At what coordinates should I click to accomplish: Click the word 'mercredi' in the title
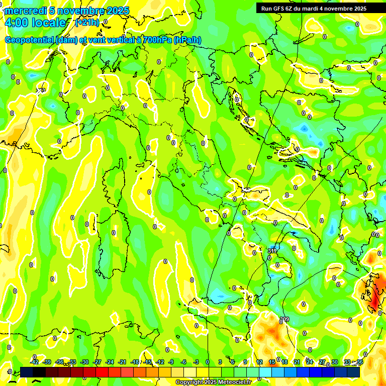click(25, 11)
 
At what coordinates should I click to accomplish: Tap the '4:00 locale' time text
click(35, 23)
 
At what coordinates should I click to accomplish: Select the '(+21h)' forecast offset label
click(87, 23)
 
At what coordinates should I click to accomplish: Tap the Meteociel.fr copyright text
click(214, 382)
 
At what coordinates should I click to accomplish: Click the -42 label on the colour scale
click(34, 362)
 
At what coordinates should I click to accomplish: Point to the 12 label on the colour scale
click(259, 362)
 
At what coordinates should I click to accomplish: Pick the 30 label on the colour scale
click(335, 362)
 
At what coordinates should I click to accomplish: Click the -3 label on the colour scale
click(196, 362)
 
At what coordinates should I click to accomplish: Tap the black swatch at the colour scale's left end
click(27, 372)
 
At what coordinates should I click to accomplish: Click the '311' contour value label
click(272, 250)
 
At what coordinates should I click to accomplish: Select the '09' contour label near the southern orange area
click(285, 319)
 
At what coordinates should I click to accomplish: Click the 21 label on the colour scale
click(297, 362)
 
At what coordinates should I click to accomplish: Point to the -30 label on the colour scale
click(84, 362)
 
